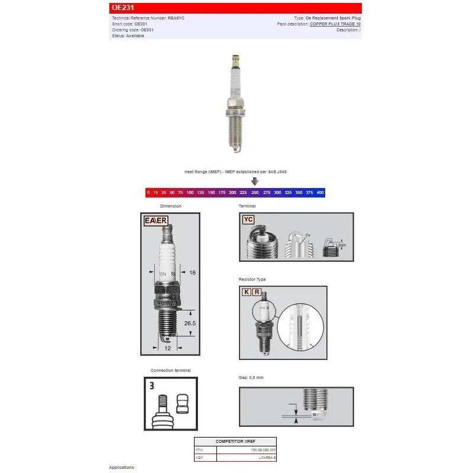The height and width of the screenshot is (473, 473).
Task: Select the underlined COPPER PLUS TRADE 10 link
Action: (x=335, y=24)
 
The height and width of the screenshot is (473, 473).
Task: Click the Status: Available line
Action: (x=128, y=35)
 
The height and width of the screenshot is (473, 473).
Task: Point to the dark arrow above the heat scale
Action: (x=255, y=182)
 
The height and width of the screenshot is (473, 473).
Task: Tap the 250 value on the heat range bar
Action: (x=255, y=193)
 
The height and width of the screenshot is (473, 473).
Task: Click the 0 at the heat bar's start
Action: (x=148, y=193)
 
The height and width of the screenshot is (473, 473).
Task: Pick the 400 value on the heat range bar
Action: (x=320, y=193)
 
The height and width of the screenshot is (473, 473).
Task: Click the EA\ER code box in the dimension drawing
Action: (x=156, y=221)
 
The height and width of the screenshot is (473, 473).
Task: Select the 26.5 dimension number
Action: (x=190, y=323)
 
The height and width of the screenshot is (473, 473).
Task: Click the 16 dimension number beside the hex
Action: (x=192, y=273)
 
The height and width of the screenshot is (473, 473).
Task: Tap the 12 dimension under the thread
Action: (x=167, y=348)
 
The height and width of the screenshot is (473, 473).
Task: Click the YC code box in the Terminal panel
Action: (x=249, y=219)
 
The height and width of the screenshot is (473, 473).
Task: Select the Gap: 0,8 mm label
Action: (x=252, y=377)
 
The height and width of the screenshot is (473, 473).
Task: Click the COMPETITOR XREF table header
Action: (x=235, y=442)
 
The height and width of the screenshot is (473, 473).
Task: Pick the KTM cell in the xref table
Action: (x=199, y=450)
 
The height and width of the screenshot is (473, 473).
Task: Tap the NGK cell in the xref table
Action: (x=199, y=458)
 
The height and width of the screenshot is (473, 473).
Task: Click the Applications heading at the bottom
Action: (x=121, y=467)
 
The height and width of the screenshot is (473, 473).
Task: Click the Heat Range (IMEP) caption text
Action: (x=235, y=171)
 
